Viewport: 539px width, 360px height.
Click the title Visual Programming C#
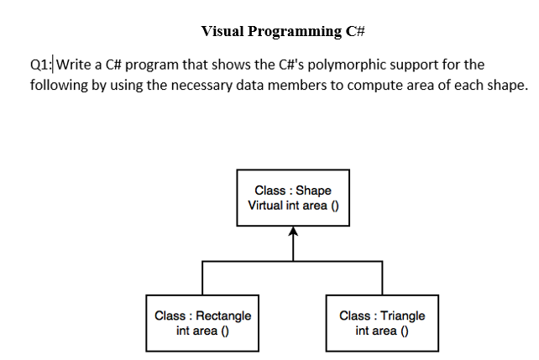point(282,32)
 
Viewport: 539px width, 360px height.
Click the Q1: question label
point(40,65)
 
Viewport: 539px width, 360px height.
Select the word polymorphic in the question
point(372,65)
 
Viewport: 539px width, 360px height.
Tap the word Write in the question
point(75,65)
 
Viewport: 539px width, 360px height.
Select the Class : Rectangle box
point(202,322)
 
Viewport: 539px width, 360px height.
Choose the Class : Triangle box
point(382,322)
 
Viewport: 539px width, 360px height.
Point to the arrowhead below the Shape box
point(293,234)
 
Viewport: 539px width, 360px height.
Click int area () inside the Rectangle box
point(202,331)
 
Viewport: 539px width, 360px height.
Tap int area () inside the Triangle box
point(382,331)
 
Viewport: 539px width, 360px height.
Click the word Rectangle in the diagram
point(223,316)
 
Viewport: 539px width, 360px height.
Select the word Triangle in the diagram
point(403,316)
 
